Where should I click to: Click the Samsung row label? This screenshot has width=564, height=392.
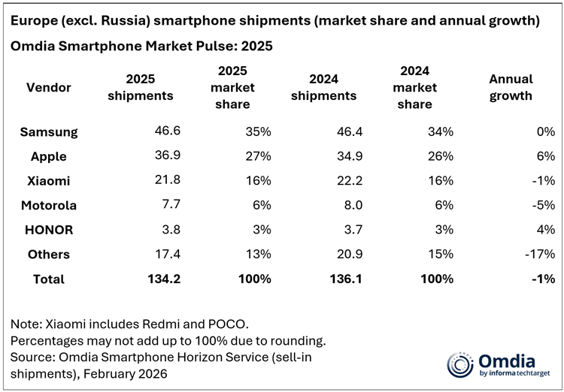[49, 132]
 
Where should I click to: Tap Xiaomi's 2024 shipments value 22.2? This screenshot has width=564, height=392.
[344, 181]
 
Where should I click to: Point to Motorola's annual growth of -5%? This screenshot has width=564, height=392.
[541, 205]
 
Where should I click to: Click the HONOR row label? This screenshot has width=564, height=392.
[49, 230]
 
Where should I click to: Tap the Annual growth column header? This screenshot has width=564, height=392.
[511, 87]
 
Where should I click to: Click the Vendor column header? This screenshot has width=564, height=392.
[49, 88]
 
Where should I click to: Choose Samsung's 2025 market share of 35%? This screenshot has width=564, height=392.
[258, 132]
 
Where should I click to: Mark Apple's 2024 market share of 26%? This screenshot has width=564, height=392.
[441, 156]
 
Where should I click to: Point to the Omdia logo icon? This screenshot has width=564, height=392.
[460, 364]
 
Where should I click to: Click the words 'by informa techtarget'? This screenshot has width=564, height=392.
[514, 373]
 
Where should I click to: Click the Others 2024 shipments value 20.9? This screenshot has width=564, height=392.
[344, 254]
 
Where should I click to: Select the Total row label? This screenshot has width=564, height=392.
[49, 279]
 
